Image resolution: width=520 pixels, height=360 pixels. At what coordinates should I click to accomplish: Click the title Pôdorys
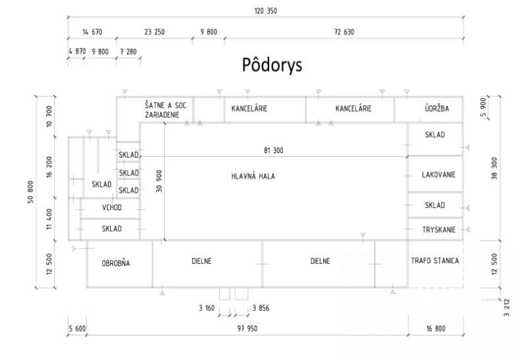tap(272, 65)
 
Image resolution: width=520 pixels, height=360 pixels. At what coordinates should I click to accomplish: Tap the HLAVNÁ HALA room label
tap(253, 176)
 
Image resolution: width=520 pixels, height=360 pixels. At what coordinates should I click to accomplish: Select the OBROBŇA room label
tap(115, 263)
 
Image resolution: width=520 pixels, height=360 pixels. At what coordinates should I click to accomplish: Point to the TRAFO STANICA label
tap(435, 260)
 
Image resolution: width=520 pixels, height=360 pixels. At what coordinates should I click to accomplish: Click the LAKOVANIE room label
tap(438, 175)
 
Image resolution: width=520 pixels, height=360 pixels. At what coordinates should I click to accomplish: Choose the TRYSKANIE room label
tap(439, 229)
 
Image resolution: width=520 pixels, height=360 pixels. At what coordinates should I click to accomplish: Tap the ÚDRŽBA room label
tap(437, 108)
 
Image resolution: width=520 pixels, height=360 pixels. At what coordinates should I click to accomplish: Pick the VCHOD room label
tap(112, 208)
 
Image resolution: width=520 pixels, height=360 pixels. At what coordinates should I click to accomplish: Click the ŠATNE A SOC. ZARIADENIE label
tap(166, 110)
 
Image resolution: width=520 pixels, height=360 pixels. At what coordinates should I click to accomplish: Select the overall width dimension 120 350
tap(266, 11)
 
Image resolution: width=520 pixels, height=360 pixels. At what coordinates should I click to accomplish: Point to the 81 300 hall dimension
tap(274, 150)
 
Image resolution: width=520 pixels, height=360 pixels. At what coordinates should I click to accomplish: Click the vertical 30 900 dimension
tap(159, 181)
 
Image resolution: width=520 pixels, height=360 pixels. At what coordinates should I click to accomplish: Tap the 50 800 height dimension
tap(30, 192)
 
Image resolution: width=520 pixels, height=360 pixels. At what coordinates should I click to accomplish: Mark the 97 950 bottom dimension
tap(247, 328)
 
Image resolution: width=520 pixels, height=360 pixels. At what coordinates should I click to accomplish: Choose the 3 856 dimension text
tap(261, 308)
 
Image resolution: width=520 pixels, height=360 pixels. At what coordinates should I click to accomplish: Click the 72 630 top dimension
tap(344, 32)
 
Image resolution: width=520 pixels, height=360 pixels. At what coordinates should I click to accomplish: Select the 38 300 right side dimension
tap(494, 168)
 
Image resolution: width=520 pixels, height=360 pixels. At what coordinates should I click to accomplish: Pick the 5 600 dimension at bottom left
tap(77, 328)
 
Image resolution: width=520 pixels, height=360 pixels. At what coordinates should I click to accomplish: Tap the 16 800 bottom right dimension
tap(436, 328)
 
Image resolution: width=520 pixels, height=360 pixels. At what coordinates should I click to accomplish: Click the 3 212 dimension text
tap(506, 308)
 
